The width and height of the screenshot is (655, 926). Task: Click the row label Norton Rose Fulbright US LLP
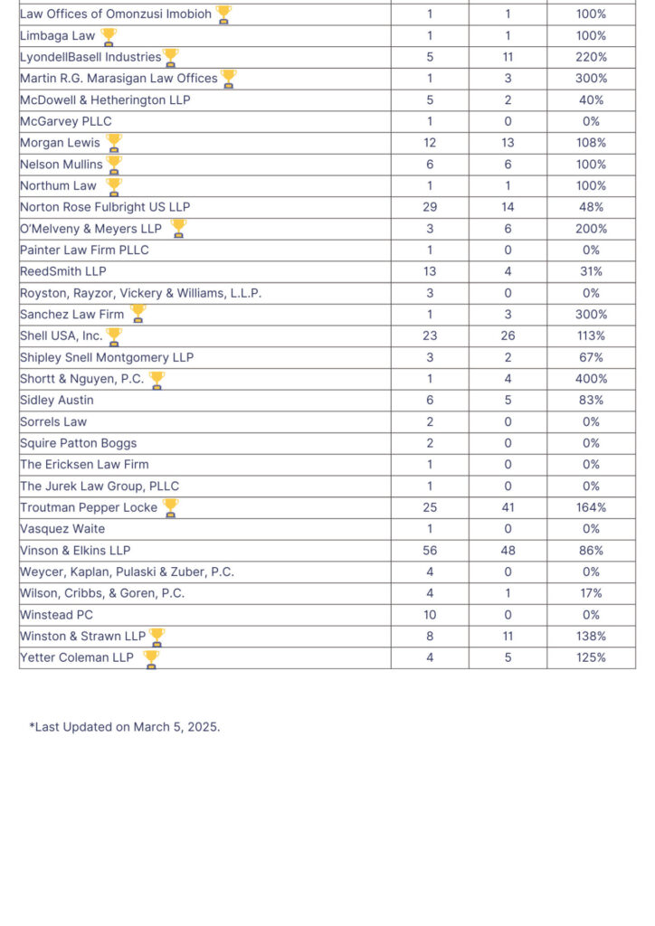click(105, 207)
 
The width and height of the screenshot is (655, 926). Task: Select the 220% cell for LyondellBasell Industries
click(591, 57)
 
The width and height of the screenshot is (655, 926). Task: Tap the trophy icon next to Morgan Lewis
click(113, 143)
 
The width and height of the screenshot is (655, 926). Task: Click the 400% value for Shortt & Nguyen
click(591, 379)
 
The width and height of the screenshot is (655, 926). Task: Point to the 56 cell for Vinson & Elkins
click(430, 551)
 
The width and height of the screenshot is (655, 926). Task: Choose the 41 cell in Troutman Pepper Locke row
click(508, 507)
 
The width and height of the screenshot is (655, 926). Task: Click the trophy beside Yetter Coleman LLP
click(151, 659)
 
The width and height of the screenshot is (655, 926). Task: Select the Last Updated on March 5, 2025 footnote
click(125, 727)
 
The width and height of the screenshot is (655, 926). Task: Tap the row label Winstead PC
click(57, 615)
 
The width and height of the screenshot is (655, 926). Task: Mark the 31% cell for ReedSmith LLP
click(591, 271)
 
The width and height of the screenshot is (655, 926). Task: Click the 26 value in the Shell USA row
click(508, 336)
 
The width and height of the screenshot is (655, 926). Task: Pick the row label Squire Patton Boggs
click(79, 443)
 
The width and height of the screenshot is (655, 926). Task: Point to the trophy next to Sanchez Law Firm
click(138, 314)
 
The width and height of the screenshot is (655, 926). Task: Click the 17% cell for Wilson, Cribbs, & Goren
click(591, 593)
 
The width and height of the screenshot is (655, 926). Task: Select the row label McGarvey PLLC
click(65, 122)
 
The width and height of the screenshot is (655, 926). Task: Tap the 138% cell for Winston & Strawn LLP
click(591, 637)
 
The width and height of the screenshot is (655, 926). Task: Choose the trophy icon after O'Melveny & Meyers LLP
click(178, 228)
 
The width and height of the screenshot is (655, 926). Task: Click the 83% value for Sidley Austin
click(591, 401)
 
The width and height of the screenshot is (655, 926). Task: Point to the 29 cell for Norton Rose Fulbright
click(430, 207)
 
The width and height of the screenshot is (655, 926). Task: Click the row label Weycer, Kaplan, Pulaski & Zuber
click(127, 572)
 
